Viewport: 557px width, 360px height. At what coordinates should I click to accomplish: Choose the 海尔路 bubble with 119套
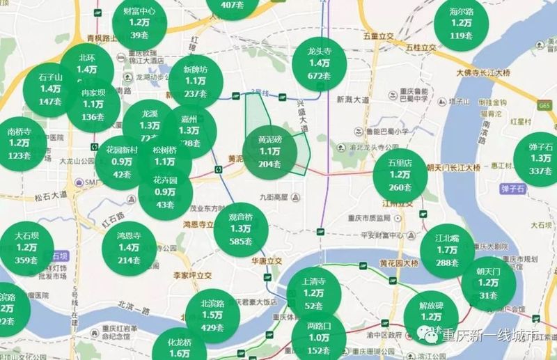(461, 24)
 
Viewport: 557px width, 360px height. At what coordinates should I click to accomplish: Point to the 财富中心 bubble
(139, 23)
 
